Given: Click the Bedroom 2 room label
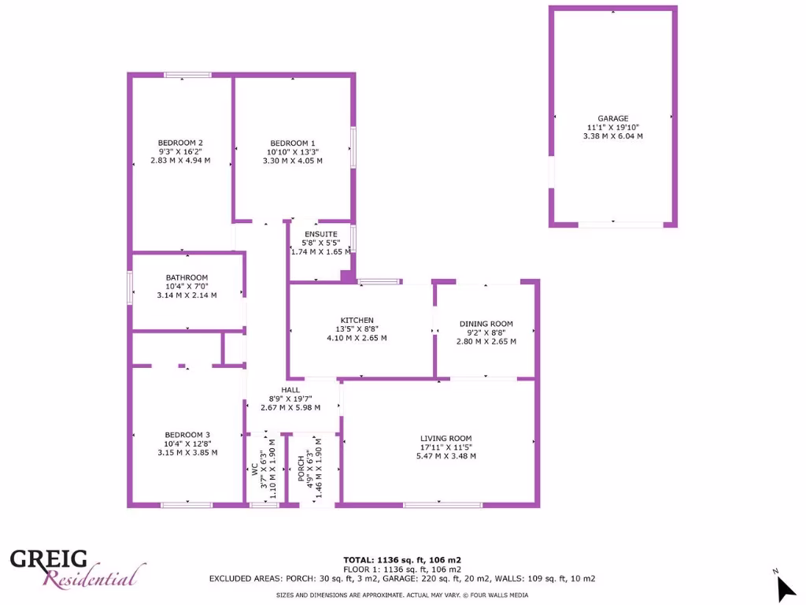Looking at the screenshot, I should click(180, 143).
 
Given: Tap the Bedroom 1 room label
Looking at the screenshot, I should click(293, 143).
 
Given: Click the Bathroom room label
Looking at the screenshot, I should click(187, 277).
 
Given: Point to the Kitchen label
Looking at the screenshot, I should click(357, 320).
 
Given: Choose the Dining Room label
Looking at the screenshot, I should click(486, 324).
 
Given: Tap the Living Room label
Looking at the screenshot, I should click(446, 439).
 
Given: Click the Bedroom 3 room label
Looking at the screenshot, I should click(187, 435).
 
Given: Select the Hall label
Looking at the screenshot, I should click(290, 390).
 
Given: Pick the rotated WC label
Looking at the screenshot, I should click(255, 469).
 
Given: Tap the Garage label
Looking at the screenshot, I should click(612, 119).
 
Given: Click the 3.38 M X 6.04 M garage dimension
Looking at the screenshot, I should click(612, 136).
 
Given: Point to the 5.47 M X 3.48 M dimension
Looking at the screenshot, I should click(446, 456).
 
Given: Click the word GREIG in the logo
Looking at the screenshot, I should click(49, 559).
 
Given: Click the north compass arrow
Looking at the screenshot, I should click(785, 587).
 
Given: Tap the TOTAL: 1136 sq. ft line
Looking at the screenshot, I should click(402, 559).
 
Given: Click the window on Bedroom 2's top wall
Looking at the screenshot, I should click(187, 75).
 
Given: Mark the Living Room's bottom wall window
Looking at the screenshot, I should click(442, 505).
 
